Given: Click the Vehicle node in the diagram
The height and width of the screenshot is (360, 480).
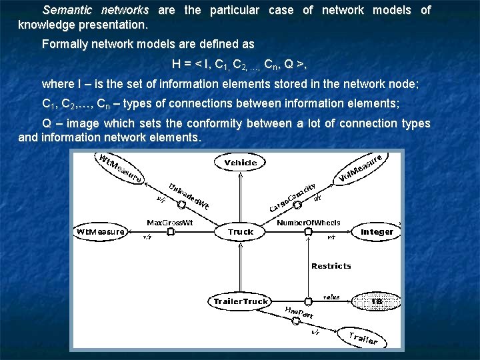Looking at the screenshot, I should [x=241, y=163].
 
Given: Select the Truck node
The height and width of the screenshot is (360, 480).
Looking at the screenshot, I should [x=240, y=232].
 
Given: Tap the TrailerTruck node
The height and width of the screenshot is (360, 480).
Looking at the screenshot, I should [x=240, y=301].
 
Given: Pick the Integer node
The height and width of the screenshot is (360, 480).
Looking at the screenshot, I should [x=377, y=232].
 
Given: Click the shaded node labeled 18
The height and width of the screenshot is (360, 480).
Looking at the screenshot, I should [x=377, y=301].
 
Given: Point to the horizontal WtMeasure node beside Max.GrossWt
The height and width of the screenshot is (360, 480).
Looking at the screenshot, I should [x=101, y=232].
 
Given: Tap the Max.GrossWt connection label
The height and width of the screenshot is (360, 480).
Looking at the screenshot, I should [x=169, y=223].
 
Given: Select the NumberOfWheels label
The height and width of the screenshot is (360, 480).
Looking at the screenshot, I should [x=309, y=223].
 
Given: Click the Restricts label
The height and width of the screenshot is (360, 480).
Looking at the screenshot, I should [x=331, y=266].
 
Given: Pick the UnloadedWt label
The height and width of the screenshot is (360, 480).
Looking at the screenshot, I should [x=189, y=196].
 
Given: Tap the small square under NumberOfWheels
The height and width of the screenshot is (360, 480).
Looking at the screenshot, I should [x=308, y=232].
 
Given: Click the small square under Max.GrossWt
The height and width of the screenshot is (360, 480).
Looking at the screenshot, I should [x=170, y=232].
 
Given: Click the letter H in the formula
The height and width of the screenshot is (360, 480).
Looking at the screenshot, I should [x=176, y=64].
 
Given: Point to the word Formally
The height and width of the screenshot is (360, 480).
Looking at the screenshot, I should [x=64, y=45].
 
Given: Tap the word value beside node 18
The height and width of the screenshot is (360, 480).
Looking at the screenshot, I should [x=331, y=296].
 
